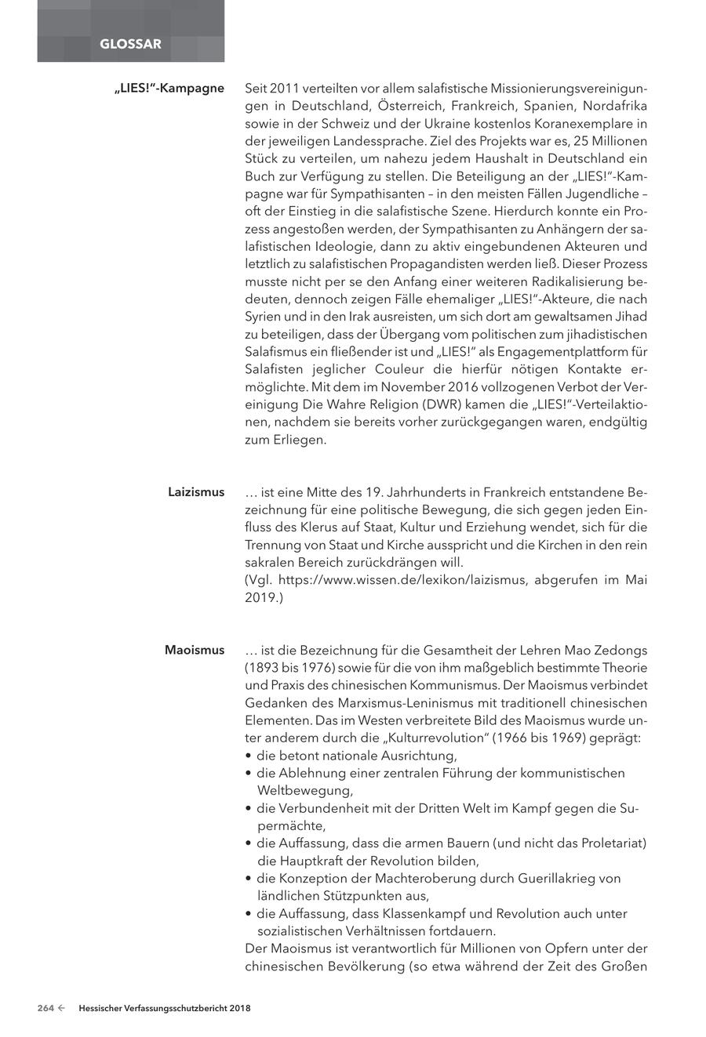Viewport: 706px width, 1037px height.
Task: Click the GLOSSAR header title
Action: point(130,44)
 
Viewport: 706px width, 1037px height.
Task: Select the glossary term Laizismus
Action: point(195,492)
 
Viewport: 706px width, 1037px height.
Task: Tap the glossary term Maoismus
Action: point(194,650)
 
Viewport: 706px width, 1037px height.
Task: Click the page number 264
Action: point(45,1008)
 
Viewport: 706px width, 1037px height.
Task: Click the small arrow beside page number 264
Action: point(61,1008)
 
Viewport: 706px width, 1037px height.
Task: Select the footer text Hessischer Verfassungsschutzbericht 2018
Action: point(165,1008)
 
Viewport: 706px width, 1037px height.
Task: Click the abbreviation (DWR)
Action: point(446,405)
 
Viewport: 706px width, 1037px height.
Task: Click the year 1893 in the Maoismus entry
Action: point(263,668)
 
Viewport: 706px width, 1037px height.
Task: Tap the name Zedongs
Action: point(619,650)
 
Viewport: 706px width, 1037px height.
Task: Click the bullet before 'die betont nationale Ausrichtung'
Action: point(249,756)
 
